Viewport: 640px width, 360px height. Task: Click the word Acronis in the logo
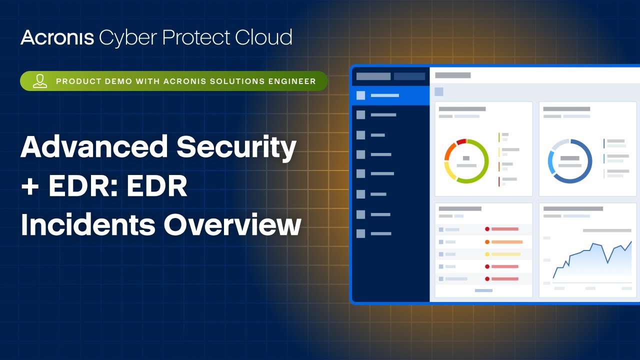pos(57,37)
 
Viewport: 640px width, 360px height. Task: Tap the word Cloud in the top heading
pos(263,37)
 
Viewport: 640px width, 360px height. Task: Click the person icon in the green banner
pos(40,81)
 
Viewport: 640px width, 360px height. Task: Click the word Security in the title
pos(236,148)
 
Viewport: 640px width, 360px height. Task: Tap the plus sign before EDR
pos(30,186)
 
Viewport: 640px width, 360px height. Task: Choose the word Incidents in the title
pos(88,224)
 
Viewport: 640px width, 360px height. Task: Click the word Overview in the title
pos(232,224)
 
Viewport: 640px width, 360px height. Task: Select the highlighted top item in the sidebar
pos(391,95)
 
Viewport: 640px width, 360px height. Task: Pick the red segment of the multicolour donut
pos(461,141)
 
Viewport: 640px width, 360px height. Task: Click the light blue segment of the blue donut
pos(551,162)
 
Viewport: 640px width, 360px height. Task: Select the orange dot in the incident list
pos(487,242)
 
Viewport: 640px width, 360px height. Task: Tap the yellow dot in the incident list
pos(487,254)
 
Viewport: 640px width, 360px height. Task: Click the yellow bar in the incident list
pos(506,254)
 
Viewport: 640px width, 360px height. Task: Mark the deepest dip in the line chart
pos(607,263)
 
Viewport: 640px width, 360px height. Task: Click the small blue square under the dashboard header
pos(439,91)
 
